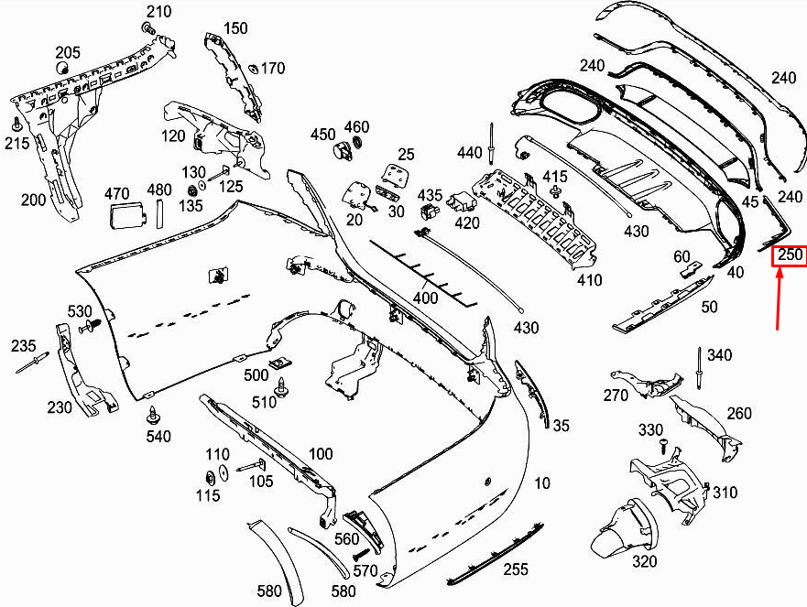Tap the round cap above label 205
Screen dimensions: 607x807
click(x=63, y=68)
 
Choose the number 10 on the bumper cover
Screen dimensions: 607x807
click(x=542, y=482)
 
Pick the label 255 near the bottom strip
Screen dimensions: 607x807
click(x=515, y=569)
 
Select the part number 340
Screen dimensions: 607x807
click(x=719, y=355)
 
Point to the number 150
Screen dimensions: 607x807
click(x=235, y=28)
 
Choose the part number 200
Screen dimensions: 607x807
click(x=33, y=200)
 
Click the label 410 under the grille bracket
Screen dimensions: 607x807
click(x=590, y=280)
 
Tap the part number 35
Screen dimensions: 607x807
click(x=561, y=425)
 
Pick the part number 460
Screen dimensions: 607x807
click(x=356, y=126)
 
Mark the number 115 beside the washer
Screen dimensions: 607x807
click(x=208, y=495)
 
